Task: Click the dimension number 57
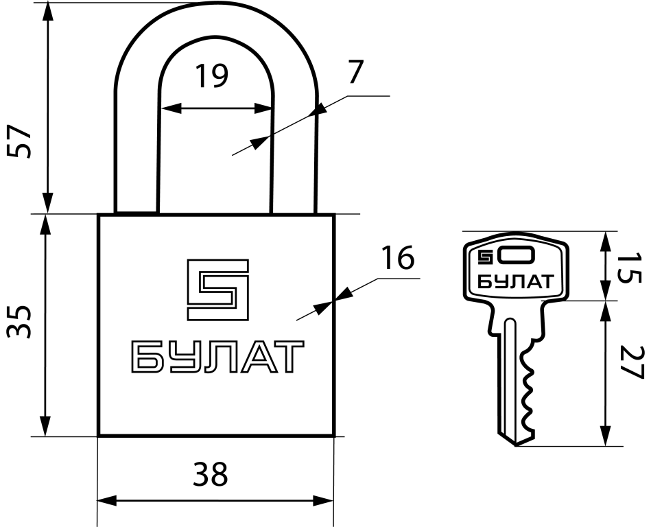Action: [x=19, y=141]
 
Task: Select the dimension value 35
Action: [x=19, y=323]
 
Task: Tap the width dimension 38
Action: [x=211, y=474]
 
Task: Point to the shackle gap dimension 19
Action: [x=212, y=76]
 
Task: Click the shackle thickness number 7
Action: [x=355, y=71]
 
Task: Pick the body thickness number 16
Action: [x=398, y=257]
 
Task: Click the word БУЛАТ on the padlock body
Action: [x=217, y=356]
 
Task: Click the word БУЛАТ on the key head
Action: [x=515, y=282]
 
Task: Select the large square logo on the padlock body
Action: [x=217, y=290]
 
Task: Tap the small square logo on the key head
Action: [x=485, y=257]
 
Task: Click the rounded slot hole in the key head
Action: [x=517, y=255]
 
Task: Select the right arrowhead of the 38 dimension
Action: [x=323, y=501]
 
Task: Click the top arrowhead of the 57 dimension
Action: [x=48, y=13]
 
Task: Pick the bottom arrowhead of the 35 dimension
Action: [x=45, y=425]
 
